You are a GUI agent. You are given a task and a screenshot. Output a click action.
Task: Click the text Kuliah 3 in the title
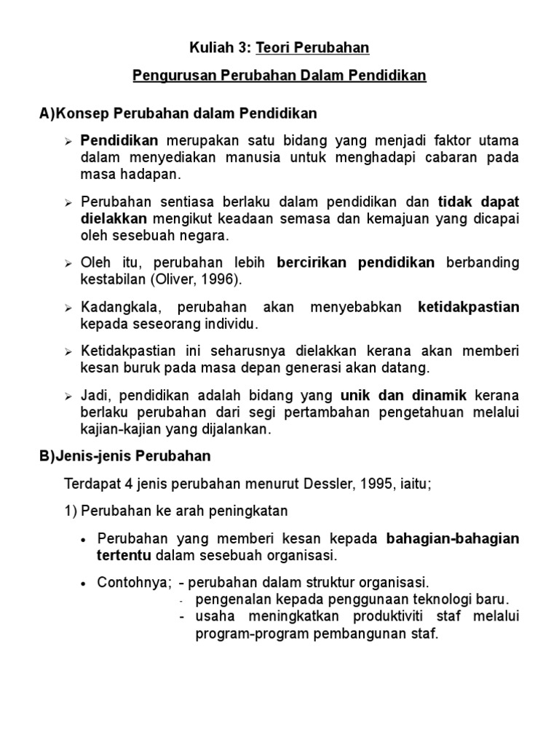217,48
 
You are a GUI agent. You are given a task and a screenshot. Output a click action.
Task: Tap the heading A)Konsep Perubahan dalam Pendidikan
178,113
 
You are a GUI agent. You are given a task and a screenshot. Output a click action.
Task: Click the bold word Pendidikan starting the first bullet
119,140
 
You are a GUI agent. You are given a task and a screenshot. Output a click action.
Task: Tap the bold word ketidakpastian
469,307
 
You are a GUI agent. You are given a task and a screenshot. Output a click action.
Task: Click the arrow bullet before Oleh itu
68,263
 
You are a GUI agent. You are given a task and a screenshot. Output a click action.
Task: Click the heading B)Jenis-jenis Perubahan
125,456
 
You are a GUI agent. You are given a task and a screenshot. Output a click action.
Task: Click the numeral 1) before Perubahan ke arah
71,511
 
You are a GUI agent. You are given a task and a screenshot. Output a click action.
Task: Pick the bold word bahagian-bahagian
452,538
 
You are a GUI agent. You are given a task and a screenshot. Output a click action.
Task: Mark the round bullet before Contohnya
85,584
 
